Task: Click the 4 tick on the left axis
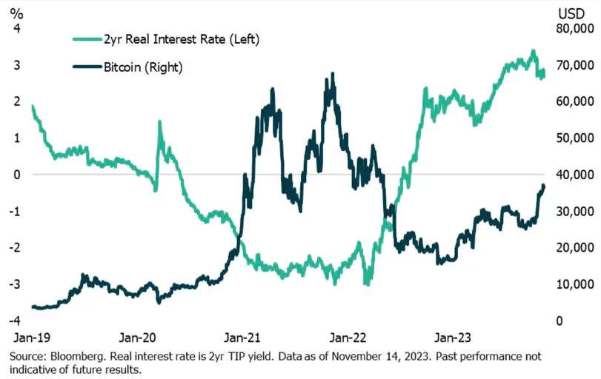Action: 17,28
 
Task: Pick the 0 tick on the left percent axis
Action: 17,175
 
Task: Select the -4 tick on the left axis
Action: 15,321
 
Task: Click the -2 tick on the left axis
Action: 15,247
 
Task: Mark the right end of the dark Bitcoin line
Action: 543,186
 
